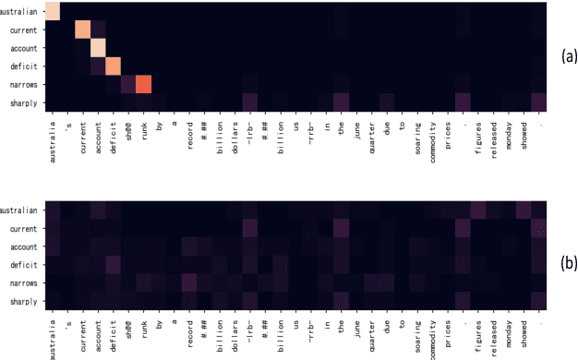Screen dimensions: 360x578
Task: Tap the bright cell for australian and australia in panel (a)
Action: click(52, 11)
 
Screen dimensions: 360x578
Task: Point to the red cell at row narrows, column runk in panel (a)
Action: click(143, 83)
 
